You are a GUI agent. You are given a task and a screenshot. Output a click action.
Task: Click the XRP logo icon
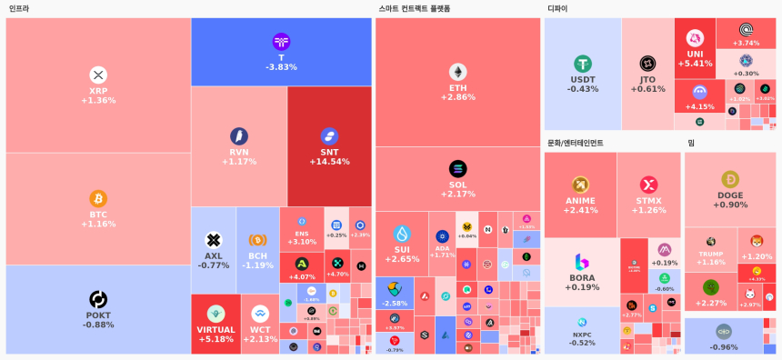tap(98, 75)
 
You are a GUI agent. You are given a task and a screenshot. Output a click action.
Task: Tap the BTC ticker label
tap(98, 215)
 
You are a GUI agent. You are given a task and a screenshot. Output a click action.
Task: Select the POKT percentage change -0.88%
tap(98, 325)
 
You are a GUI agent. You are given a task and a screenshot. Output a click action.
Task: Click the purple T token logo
tap(281, 42)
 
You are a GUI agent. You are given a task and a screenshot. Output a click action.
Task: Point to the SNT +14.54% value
tap(329, 162)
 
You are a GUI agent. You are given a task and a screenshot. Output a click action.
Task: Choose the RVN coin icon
tap(239, 136)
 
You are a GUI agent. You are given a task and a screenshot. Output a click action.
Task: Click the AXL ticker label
tap(214, 255)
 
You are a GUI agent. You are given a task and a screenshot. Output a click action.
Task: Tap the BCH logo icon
tap(258, 240)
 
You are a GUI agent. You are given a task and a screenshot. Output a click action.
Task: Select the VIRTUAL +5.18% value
tap(216, 339)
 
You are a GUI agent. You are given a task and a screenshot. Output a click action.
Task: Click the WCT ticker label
tap(260, 330)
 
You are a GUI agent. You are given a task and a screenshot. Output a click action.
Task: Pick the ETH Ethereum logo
tap(457, 72)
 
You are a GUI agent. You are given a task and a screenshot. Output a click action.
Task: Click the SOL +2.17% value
tap(457, 194)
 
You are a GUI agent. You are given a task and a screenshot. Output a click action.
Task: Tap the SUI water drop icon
tap(402, 234)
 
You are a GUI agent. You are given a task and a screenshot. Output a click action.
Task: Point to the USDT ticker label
tap(583, 79)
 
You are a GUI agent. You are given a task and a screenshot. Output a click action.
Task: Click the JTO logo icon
tap(647, 64)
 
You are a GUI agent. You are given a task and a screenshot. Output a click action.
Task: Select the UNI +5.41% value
tap(695, 64)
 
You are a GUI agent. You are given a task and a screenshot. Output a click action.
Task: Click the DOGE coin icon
tap(730, 179)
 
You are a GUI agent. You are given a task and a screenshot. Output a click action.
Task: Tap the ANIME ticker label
tap(580, 201)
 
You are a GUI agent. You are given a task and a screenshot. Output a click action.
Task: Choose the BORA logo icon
tap(582, 262)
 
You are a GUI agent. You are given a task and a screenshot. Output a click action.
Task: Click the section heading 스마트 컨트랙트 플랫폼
tap(414, 8)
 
